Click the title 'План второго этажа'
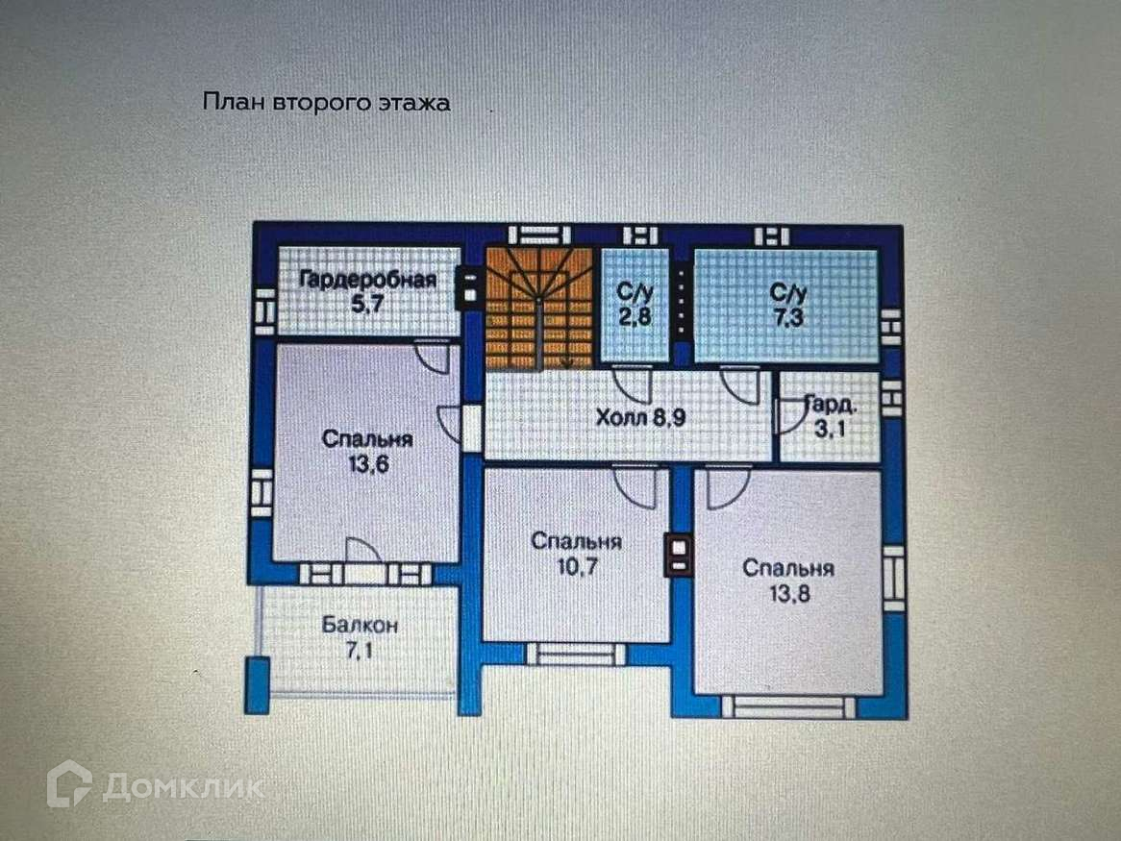[326, 103]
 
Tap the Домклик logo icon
[69, 783]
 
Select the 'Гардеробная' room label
[368, 281]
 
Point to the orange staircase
[537, 308]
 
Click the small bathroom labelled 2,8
[635, 305]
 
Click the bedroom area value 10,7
[576, 565]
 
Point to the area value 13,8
[788, 592]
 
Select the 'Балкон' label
[360, 626]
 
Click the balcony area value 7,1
[360, 650]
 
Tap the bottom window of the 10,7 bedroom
[575, 655]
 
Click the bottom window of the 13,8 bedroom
[788, 706]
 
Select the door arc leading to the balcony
[363, 551]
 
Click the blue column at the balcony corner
[257, 684]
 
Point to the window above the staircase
[539, 235]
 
